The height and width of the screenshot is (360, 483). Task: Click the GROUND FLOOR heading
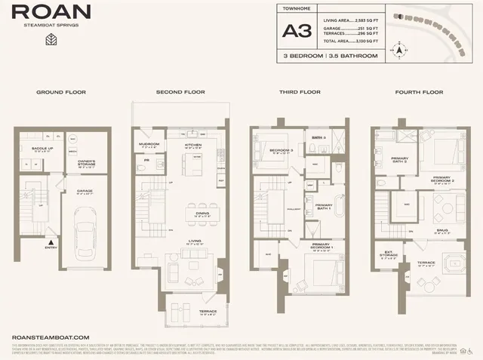pyautogui.click(x=61, y=92)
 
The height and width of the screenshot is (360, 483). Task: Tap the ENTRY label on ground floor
pyautogui.click(x=51, y=247)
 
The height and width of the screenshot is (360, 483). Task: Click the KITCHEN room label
pyautogui.click(x=192, y=146)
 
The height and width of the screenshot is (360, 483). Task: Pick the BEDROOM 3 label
pyautogui.click(x=281, y=151)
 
